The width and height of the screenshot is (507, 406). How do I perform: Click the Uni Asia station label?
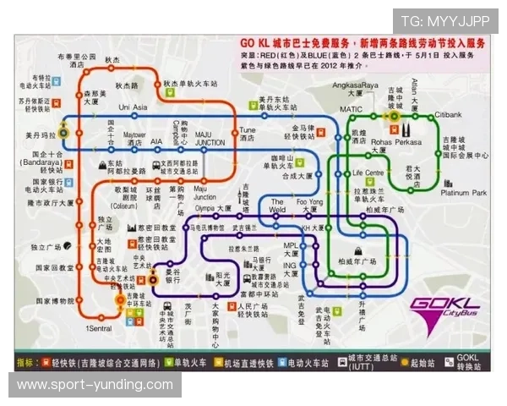(133, 107)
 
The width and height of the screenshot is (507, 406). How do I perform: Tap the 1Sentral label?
(99, 327)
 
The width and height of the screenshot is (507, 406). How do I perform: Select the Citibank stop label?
(448, 115)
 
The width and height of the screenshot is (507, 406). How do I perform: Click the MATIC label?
(351, 109)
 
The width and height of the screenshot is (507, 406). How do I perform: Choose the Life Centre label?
(369, 173)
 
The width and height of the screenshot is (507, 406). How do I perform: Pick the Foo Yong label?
(308, 202)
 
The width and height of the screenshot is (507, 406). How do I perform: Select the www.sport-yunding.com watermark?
(95, 385)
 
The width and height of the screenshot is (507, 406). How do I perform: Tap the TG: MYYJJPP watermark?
(445, 20)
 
